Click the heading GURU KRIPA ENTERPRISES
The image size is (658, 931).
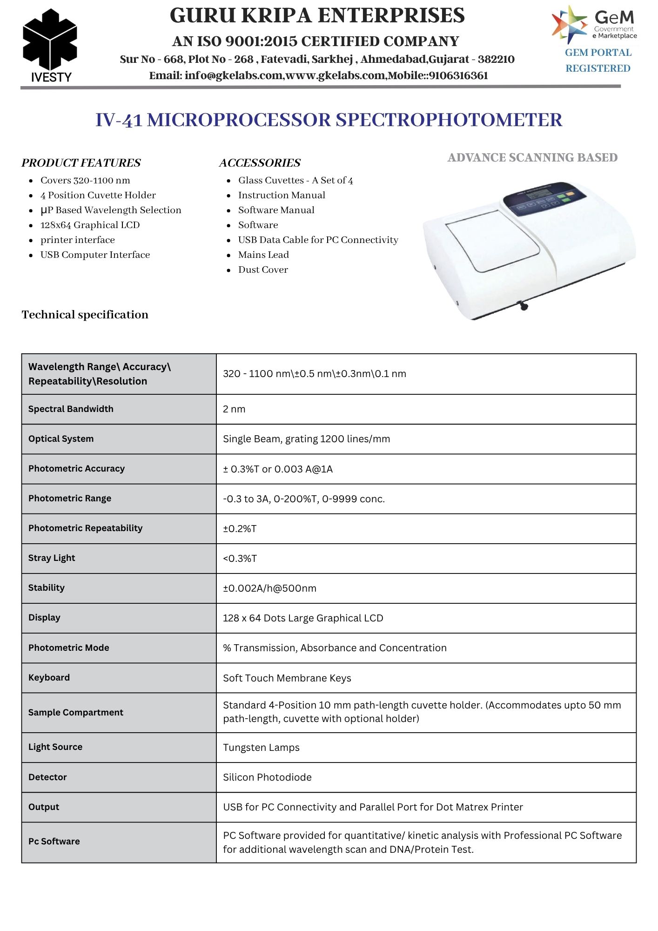coord(317,16)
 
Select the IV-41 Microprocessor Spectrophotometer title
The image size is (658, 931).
coord(329,120)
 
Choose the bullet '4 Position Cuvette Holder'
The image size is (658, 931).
coord(98,196)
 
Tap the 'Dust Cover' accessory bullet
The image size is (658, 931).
coord(263,270)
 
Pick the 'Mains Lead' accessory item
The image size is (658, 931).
coord(263,255)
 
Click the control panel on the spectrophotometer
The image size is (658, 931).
coord(544,199)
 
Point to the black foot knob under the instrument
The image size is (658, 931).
coord(524,306)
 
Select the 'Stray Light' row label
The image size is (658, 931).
coord(52,558)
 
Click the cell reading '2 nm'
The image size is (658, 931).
coord(234,409)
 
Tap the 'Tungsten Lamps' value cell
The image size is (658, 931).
coord(261,748)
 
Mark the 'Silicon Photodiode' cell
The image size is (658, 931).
coord(267,777)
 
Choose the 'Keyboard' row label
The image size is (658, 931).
coord(49,678)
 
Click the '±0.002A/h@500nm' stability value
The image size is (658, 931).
coord(269,588)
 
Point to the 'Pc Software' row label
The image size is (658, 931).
coord(54,842)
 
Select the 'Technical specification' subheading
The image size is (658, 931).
coord(85,315)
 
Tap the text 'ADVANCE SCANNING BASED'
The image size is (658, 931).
coord(532,158)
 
